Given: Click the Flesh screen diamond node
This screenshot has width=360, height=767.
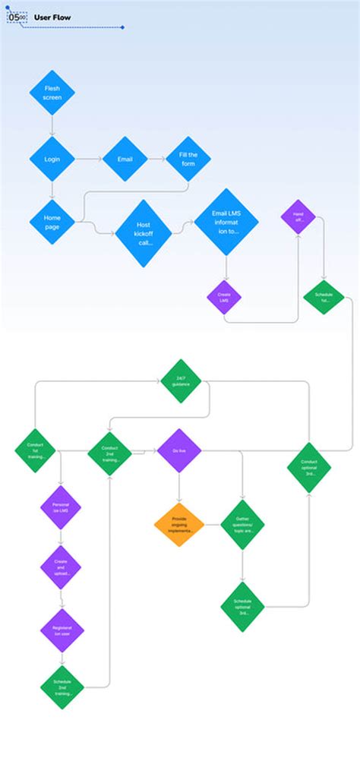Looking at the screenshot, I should (52, 93).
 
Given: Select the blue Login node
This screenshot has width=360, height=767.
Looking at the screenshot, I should (52, 159).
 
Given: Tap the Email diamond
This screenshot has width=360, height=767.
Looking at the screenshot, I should (125, 159).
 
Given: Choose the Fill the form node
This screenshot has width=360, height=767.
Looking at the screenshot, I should (188, 159).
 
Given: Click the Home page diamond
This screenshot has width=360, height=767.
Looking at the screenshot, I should (52, 223).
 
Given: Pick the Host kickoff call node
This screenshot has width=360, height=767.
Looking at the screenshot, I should (144, 233).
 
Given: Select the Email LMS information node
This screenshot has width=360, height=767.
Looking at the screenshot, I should (226, 222).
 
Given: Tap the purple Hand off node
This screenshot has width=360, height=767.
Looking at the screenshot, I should (298, 217).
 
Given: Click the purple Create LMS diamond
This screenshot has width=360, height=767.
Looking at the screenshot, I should (224, 298).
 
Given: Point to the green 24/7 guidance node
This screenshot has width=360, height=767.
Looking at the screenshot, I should (181, 380).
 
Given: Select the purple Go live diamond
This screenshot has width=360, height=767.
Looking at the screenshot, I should (179, 450).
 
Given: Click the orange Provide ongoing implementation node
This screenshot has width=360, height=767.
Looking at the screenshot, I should (179, 525).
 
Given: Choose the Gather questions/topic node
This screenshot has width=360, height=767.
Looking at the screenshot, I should (242, 525).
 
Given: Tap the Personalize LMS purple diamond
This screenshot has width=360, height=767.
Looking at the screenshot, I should (61, 508).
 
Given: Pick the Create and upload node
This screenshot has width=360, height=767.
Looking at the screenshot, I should (61, 567).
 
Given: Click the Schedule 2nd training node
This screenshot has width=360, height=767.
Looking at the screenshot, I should (62, 688).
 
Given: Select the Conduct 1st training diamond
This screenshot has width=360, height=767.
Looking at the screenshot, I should (35, 450).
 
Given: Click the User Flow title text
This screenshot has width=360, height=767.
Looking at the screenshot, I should (52, 17).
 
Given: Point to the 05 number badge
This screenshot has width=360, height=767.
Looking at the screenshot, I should (16, 17).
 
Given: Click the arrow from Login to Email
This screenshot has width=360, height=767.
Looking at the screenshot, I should (88, 159).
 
